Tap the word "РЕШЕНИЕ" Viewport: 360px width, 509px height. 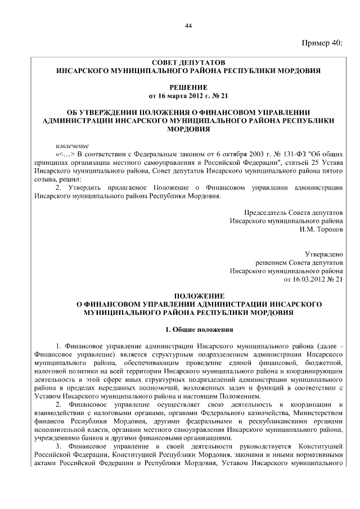coord(188,87)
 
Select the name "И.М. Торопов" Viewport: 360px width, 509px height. coord(322,229)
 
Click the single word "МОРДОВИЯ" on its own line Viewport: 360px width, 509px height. coord(188,129)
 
